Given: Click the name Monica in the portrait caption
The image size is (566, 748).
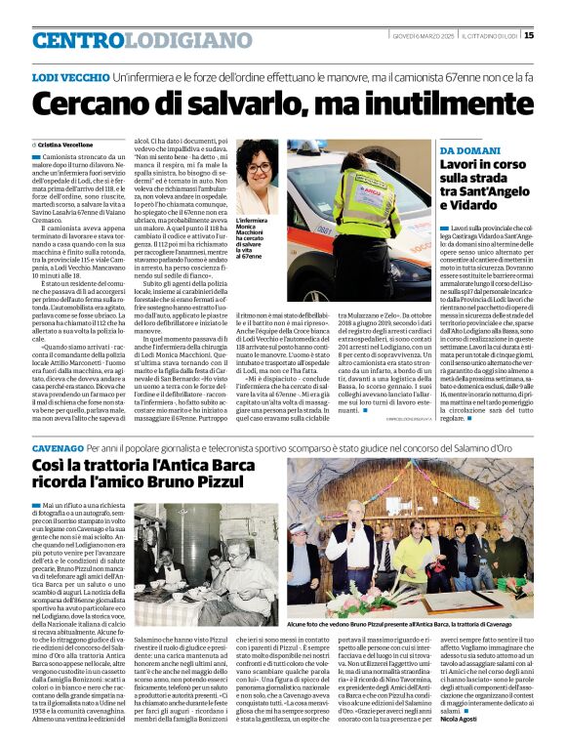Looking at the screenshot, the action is (x=251, y=230).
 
